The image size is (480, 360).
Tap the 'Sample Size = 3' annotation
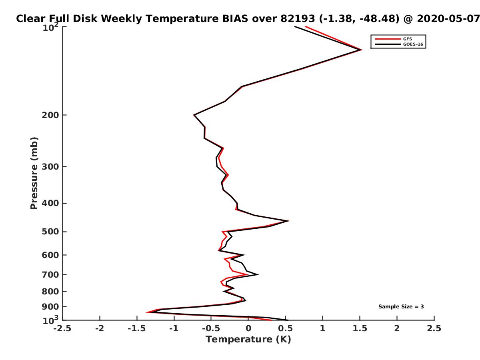(x=401, y=307)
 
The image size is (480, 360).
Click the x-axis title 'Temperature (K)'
(x=248, y=340)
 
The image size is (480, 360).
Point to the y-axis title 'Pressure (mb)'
(x=34, y=173)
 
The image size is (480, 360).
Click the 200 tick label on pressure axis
(x=50, y=115)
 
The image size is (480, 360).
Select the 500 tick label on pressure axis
(x=50, y=232)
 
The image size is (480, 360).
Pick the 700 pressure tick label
(x=50, y=275)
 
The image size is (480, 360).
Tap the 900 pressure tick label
(x=50, y=307)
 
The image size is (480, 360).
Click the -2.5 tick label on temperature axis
(x=62, y=328)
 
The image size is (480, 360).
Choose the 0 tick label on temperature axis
(x=248, y=328)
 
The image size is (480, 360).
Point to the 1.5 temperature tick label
(x=360, y=328)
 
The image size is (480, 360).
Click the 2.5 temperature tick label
(x=434, y=328)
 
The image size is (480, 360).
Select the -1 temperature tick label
(x=174, y=328)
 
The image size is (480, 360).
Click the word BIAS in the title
(x=235, y=19)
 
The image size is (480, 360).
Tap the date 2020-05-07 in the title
(x=448, y=19)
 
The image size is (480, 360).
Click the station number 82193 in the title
(x=298, y=19)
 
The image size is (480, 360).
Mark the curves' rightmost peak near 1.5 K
(x=361, y=50)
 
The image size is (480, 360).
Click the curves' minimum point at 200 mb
(x=194, y=115)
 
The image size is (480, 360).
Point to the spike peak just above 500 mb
(x=289, y=221)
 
